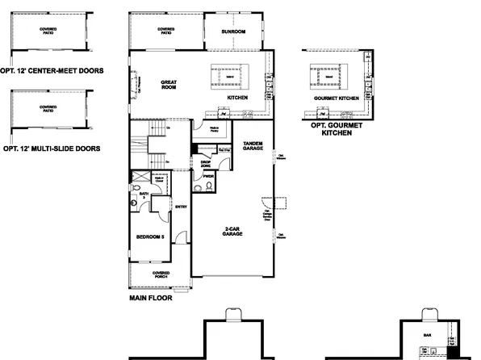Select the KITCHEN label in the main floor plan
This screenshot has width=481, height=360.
pos(236,98)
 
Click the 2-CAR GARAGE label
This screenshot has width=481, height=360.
pos(235,231)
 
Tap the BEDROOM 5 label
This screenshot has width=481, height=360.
pos(150,237)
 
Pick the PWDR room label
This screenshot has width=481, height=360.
pos(207,175)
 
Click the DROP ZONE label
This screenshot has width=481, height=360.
pos(205,163)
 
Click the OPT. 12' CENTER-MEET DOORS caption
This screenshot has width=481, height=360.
pos(54,71)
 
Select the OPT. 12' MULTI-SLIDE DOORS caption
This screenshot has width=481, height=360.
pos(52,149)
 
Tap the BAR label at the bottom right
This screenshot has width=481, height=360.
pos(427,333)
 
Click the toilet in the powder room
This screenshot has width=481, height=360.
pos(207,186)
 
